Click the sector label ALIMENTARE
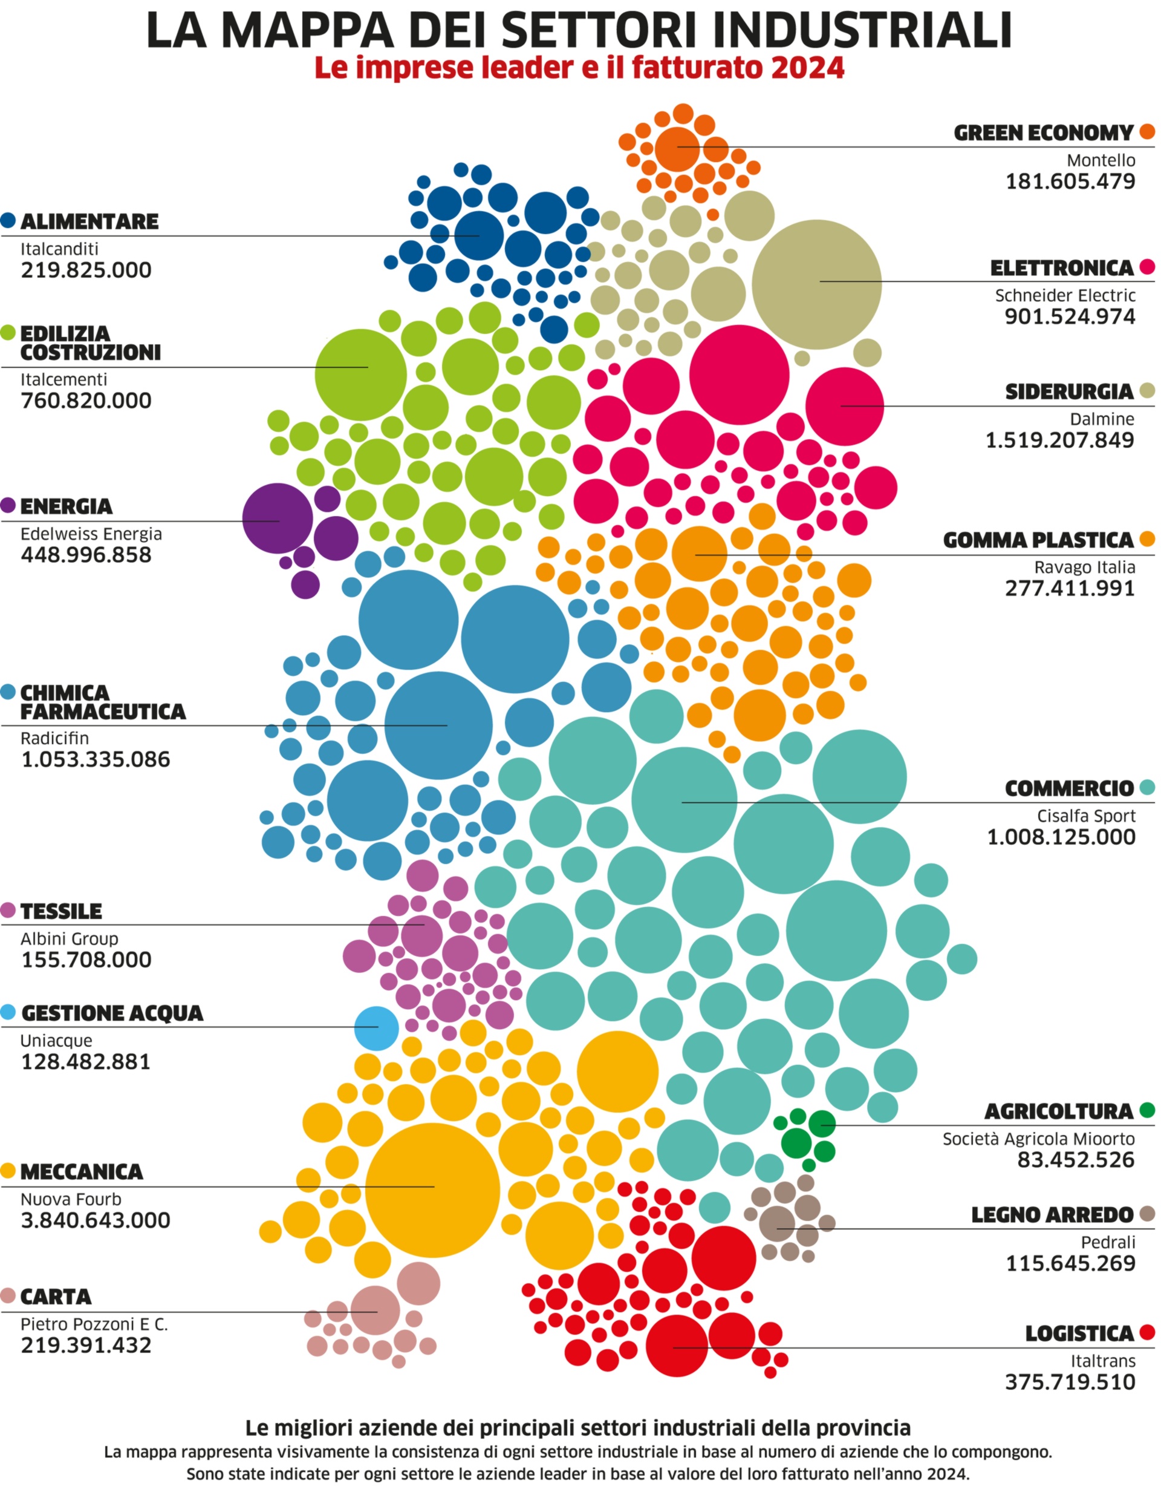[x=89, y=221]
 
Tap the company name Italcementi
[x=63, y=379]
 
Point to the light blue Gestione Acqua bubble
[x=376, y=1027]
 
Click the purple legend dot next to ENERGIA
[x=8, y=506]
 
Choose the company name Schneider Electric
[x=1065, y=296]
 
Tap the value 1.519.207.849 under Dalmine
[x=1059, y=440]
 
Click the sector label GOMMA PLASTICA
[x=1038, y=540]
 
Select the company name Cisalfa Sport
[x=1086, y=816]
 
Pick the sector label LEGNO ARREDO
[x=1052, y=1216]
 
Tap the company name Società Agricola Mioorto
[x=1039, y=1139]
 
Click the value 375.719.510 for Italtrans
[x=1070, y=1382]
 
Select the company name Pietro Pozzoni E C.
[x=94, y=1324]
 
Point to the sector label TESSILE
[x=62, y=911]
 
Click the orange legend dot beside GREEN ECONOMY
[x=1147, y=132]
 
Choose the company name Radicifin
[x=54, y=739]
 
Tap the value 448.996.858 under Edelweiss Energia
[x=86, y=555]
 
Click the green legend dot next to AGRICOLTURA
[x=1147, y=1110]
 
